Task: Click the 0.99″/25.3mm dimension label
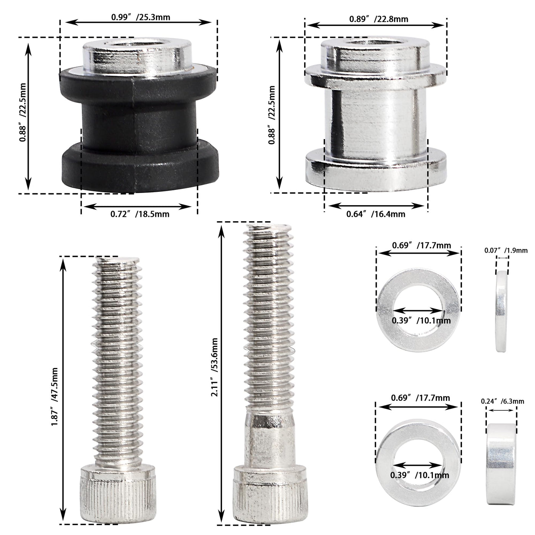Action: point(141,17)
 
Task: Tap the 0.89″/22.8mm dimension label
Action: point(378,19)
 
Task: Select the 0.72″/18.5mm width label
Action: point(139,214)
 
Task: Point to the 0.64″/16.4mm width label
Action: point(376,214)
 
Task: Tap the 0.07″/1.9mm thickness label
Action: point(506,250)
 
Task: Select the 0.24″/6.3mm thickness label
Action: point(503,401)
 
